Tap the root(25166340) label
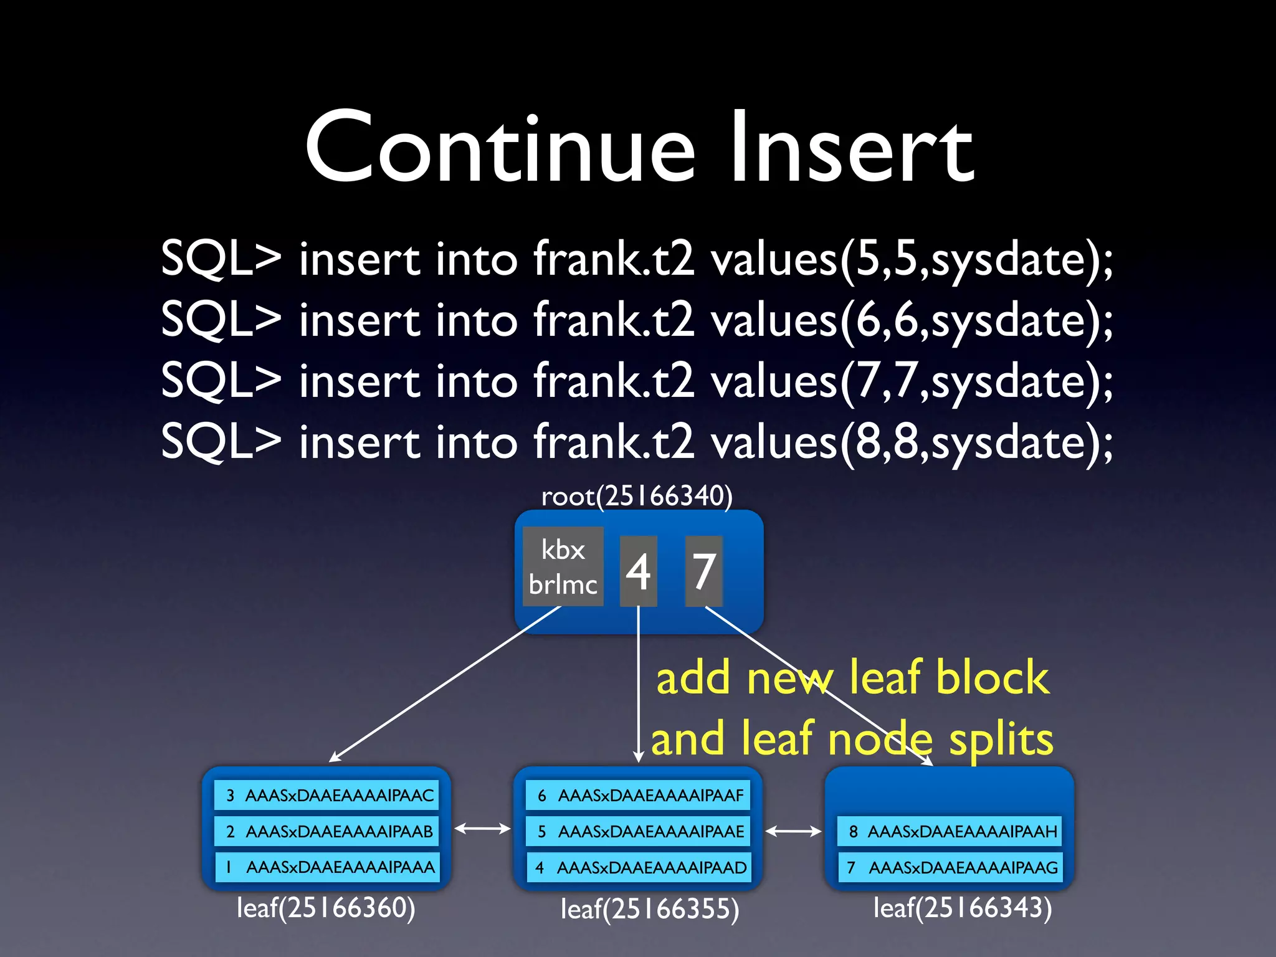(637, 497)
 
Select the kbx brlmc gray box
(563, 567)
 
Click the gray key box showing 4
(638, 571)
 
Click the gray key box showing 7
(703, 571)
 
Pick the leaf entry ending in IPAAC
(326, 795)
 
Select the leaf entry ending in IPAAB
(326, 831)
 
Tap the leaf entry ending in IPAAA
(326, 867)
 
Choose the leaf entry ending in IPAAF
(638, 795)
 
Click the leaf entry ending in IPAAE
(638, 831)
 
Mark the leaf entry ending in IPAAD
(638, 867)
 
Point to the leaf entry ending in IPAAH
(950, 831)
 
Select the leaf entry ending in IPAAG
(950, 867)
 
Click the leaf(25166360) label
(326, 908)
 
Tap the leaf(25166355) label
(650, 909)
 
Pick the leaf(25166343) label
(963, 908)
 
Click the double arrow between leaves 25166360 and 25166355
(482, 829)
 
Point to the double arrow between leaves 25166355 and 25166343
(793, 831)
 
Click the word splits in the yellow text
(1001, 740)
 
